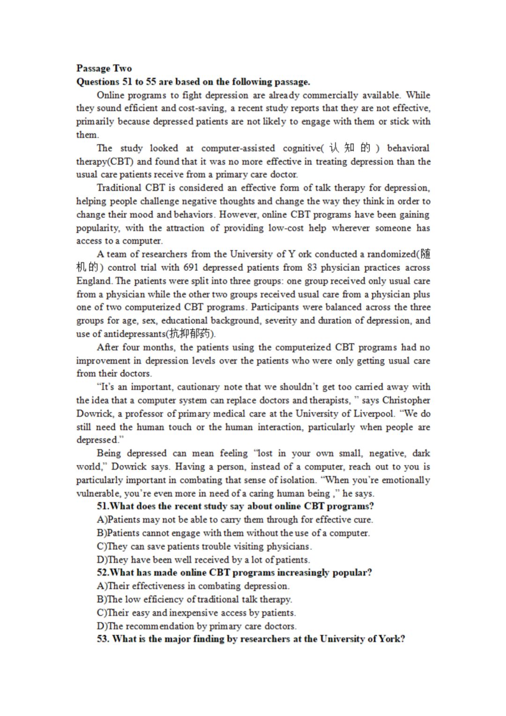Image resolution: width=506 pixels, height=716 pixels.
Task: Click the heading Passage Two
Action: coord(104,68)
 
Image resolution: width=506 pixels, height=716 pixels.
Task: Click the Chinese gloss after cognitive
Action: coord(350,148)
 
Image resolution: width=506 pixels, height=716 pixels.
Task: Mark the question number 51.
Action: coord(103,506)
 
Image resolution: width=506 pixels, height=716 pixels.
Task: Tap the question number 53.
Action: coord(103,639)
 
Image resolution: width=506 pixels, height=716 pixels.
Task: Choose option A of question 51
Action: coord(235,520)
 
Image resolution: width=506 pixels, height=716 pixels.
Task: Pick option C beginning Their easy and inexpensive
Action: coord(196,613)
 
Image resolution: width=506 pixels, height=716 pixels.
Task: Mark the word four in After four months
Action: coord(131,347)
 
